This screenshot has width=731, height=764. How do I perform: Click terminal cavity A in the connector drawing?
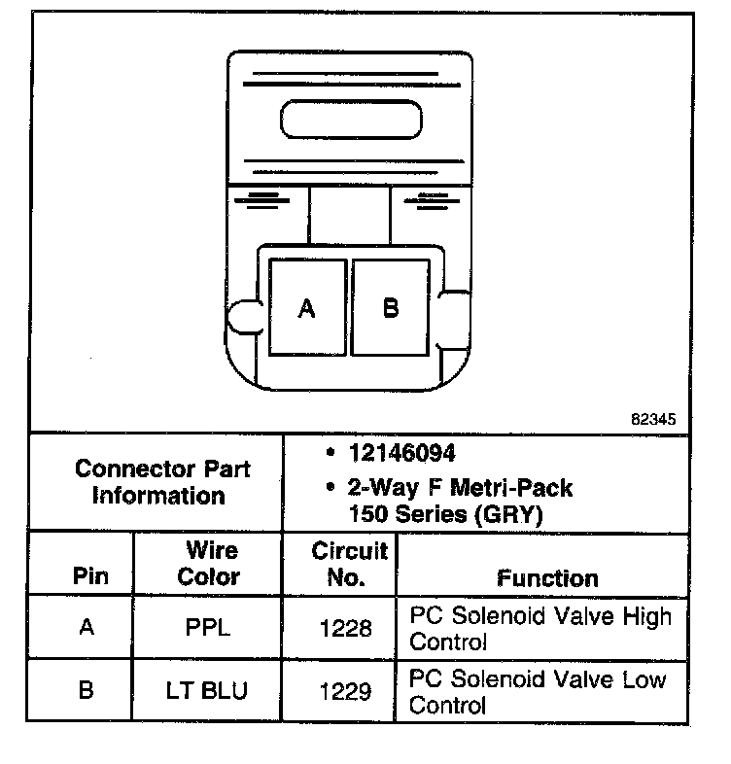pos(307,307)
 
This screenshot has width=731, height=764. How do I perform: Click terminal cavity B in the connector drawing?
pos(390,307)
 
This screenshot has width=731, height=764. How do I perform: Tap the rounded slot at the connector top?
pos(351,121)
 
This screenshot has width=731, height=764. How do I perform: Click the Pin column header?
pos(90,575)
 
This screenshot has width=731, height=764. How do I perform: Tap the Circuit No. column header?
pos(349,564)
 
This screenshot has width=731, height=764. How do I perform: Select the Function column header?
pos(548,578)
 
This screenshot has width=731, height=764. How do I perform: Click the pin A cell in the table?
pos(87,628)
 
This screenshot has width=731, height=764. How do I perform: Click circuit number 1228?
pos(346,629)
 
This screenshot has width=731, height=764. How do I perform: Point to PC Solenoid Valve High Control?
pos(540,629)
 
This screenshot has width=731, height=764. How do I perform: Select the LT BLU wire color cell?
pos(208,691)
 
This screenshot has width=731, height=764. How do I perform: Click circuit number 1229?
pos(346,692)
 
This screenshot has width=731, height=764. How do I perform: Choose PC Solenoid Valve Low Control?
pos(538,691)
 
